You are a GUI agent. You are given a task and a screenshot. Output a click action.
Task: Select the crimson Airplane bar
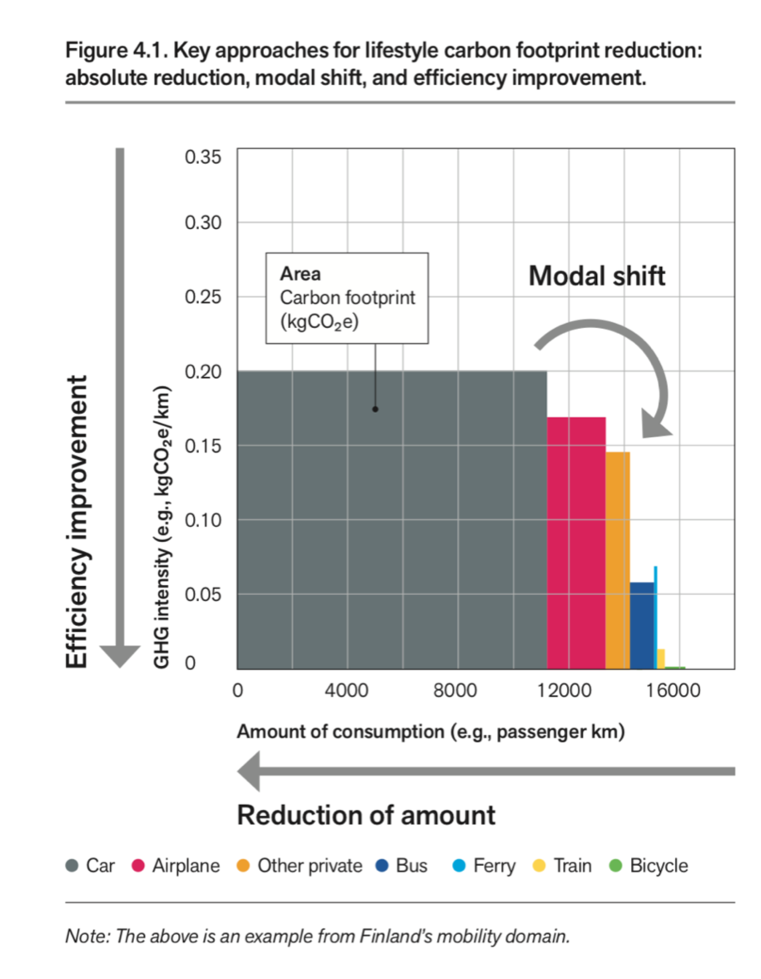coord(575,542)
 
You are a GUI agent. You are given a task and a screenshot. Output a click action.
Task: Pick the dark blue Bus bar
coord(641,624)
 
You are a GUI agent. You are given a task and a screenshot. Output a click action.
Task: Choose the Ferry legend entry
coord(485,866)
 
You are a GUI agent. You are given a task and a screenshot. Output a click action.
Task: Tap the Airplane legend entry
coord(177,866)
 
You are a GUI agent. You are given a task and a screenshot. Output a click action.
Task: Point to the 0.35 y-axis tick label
coord(202,157)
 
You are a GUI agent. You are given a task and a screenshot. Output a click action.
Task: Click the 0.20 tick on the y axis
coord(202,371)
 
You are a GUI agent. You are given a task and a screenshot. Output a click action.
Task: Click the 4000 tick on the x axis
coord(347,691)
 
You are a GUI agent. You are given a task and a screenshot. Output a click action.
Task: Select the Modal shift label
coord(597,276)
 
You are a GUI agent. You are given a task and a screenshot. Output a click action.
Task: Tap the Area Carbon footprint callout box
coord(346,298)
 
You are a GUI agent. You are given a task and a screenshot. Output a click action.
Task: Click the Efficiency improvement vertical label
coord(77,522)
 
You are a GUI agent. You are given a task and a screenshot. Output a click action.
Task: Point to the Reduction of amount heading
coord(366,814)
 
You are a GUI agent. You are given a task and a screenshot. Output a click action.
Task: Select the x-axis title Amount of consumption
coord(430,733)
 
